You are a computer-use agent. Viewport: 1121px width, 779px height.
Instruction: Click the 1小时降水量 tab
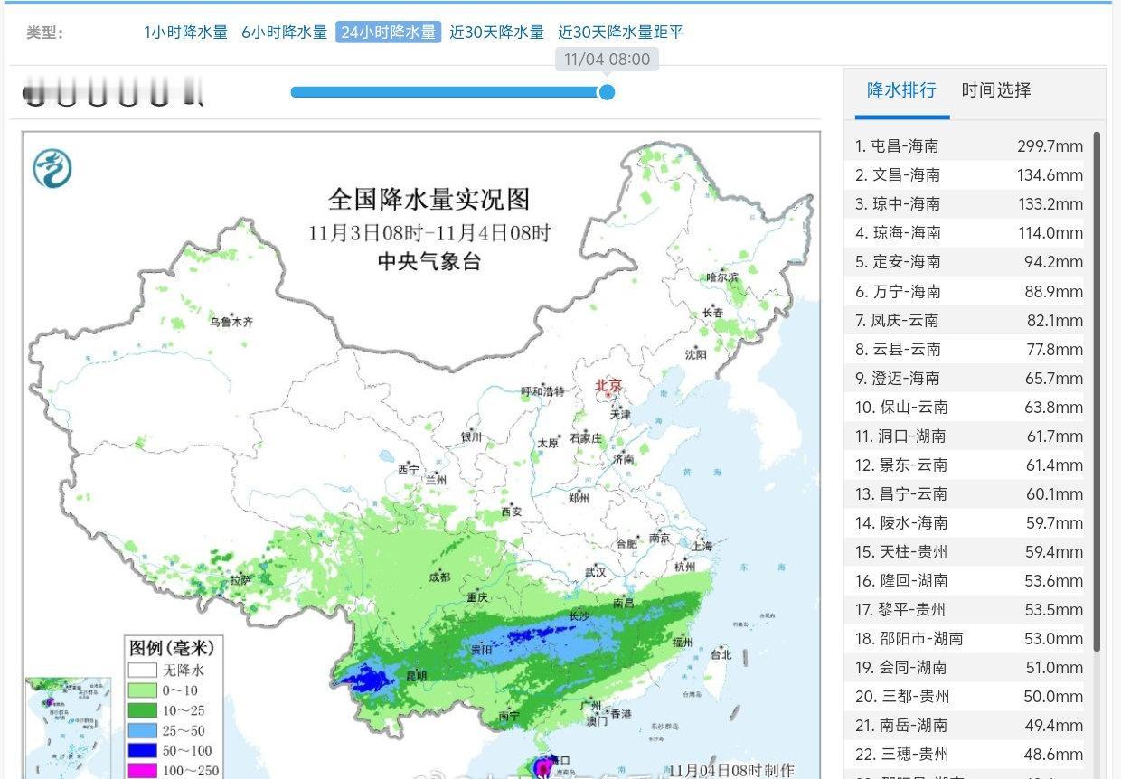pos(185,33)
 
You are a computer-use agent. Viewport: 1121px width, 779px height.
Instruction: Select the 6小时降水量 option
pos(284,33)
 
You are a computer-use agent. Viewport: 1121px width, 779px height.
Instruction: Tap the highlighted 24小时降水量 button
pos(389,33)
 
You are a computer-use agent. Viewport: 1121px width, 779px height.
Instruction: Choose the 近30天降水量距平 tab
pos(620,33)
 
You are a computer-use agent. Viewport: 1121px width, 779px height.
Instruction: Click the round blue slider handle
pos(607,91)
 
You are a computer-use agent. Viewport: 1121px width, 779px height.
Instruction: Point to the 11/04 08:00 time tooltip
pos(607,60)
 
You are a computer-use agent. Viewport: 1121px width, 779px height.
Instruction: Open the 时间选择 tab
pos(995,90)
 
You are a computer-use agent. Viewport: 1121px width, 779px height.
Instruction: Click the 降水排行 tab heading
pos(901,90)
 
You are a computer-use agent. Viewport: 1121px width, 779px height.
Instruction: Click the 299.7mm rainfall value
pos(1050,145)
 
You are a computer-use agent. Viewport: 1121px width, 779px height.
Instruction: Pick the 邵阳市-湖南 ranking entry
pos(909,638)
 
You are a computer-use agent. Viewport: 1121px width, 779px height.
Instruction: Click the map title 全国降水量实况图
pos(429,199)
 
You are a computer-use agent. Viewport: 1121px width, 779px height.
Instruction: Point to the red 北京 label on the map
pos(608,386)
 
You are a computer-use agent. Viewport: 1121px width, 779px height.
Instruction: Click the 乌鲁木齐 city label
pos(232,321)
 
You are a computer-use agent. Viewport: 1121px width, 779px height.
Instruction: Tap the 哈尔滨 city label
pos(721,277)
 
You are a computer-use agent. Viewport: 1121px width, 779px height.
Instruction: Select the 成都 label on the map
pos(439,577)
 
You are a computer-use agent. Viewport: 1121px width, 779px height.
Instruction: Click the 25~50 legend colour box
pos(142,729)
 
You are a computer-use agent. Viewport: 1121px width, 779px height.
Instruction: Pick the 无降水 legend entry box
pos(142,670)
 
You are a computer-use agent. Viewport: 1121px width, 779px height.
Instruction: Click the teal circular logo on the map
pos(52,169)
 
